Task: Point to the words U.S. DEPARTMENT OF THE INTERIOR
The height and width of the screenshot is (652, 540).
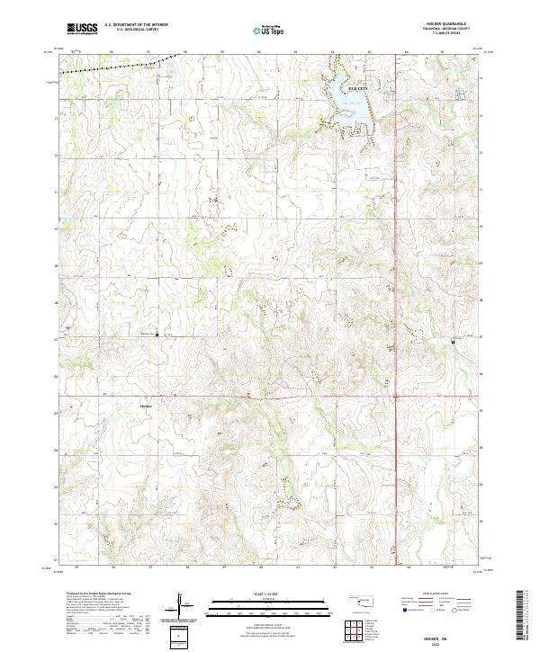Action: coord(136,24)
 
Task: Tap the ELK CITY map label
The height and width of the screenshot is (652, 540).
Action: coord(358,89)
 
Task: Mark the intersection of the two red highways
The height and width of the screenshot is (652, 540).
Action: coord(396,396)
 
